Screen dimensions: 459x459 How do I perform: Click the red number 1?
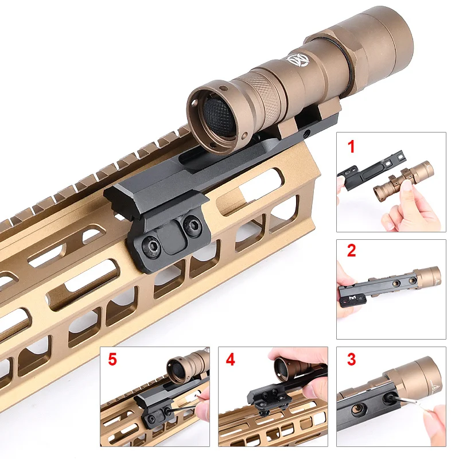click(351, 147)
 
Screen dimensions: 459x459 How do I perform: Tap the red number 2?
click(351, 251)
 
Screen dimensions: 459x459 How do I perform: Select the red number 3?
click(351, 360)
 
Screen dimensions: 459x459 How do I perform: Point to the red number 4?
click(230, 360)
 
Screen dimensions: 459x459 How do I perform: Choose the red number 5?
click(112, 360)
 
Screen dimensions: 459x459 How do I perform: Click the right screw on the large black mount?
click(190, 225)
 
